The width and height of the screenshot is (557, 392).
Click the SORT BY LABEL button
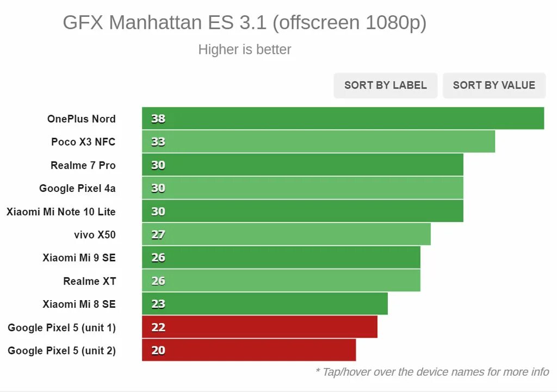click(385, 85)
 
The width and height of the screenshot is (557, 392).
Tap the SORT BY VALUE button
click(494, 85)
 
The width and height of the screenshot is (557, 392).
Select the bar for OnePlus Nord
click(343, 119)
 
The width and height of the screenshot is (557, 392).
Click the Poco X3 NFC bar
click(318, 142)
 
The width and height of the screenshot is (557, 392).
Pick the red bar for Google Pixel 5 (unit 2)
click(249, 350)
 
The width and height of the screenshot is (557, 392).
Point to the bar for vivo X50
click(286, 234)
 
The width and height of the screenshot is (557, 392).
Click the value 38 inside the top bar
click(158, 119)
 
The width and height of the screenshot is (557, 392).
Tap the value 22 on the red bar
click(158, 327)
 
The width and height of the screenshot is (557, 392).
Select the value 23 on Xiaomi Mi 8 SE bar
click(158, 304)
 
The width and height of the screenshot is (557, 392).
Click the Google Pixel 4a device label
click(77, 188)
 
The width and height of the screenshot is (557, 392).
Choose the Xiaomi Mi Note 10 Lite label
click(61, 211)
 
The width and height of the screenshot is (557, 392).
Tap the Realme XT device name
click(89, 281)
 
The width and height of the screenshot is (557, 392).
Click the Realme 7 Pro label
click(83, 165)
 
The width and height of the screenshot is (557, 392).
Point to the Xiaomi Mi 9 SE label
click(79, 258)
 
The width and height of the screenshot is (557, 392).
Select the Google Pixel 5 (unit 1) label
click(61, 327)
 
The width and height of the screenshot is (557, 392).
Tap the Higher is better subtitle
click(245, 49)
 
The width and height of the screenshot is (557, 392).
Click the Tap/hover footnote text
click(432, 372)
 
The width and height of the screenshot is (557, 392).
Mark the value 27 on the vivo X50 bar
click(158, 235)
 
